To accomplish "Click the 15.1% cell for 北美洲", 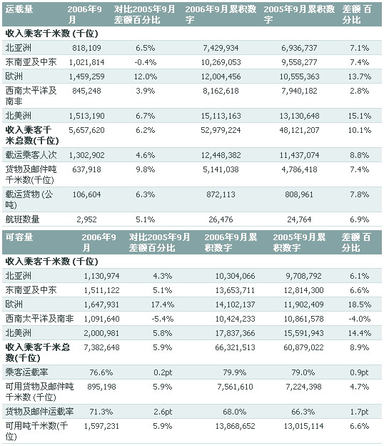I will [x=357, y=114].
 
